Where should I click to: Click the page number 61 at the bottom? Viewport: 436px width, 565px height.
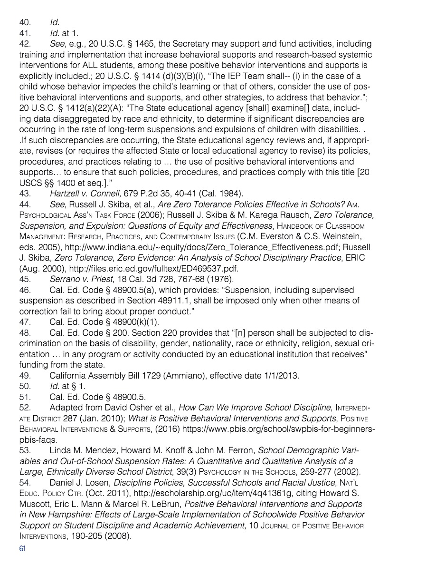click(x=22, y=548)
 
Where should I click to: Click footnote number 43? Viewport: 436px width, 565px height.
click(x=25, y=193)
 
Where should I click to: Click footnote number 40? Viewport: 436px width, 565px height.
click(x=25, y=22)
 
